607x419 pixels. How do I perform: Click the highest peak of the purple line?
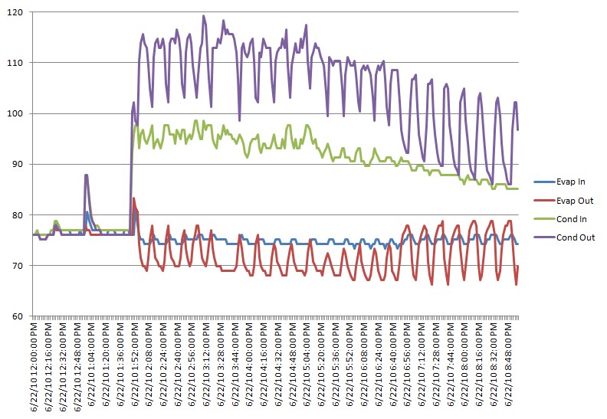pos(204,16)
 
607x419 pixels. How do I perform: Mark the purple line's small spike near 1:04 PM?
pos(86,175)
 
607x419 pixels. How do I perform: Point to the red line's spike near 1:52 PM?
pos(133,199)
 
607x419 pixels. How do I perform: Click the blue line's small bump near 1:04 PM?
pos(87,212)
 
